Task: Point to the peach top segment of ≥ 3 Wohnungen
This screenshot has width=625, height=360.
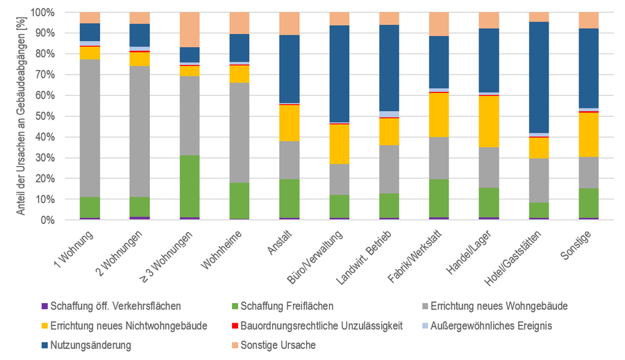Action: click(x=190, y=30)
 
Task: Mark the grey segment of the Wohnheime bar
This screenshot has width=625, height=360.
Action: click(x=240, y=133)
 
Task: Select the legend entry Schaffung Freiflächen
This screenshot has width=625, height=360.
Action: click(x=283, y=306)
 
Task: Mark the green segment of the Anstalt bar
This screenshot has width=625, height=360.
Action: click(x=290, y=199)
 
